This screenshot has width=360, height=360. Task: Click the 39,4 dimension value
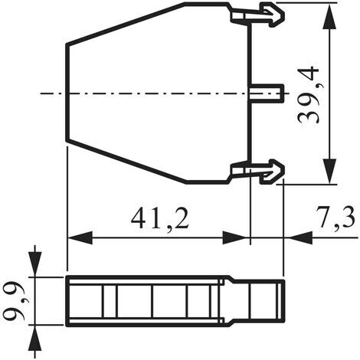[x=309, y=94]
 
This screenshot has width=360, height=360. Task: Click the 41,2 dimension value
[x=160, y=218]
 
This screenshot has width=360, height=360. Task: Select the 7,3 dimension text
[x=335, y=217]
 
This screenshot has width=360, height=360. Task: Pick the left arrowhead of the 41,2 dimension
[x=80, y=237]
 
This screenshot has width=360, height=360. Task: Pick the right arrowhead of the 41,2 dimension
[x=235, y=237]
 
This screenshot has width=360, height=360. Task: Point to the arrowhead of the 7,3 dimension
[x=300, y=237]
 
